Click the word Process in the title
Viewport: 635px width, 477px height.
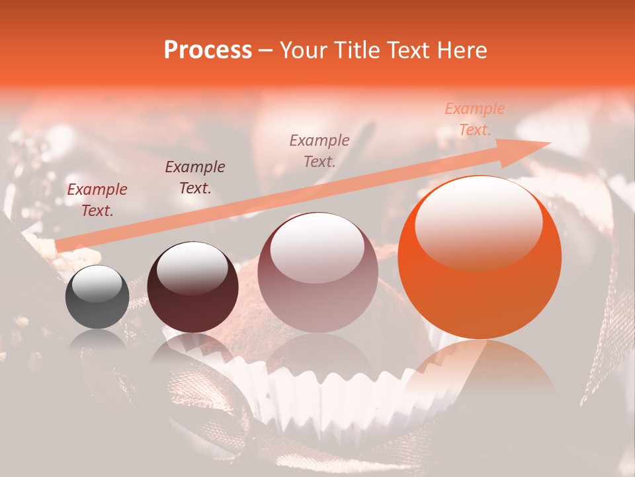click(x=208, y=50)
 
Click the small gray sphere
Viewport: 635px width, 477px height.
click(x=97, y=297)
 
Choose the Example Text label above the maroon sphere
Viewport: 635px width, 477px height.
click(x=195, y=178)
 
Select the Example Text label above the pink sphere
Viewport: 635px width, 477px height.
click(x=319, y=150)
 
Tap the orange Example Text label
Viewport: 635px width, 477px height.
click(x=475, y=119)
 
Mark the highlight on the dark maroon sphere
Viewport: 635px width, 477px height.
click(x=192, y=268)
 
